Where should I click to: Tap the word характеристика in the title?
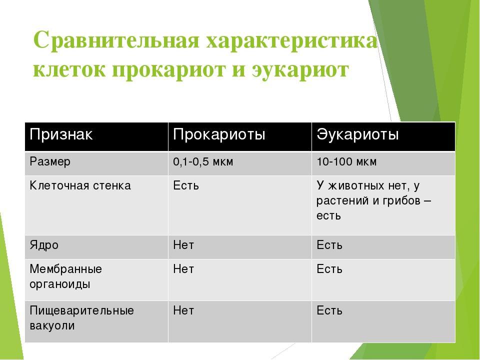pos(292,40)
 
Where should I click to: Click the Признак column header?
pos(61,134)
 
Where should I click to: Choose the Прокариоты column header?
pos(219,134)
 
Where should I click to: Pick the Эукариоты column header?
pos(358,134)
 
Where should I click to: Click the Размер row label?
pos(50,162)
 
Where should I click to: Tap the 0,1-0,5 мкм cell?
pos(203,161)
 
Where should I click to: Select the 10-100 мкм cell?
pos(346,161)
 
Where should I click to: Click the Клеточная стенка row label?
pos(80,186)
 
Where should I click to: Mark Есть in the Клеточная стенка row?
pos(186,186)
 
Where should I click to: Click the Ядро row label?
pos(44,245)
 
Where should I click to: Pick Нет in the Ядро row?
pos(183,245)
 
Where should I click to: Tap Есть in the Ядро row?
pos(329,245)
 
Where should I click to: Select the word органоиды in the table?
pos(60,284)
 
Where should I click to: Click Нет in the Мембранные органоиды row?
pos(183,269)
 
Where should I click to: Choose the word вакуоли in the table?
pos(52,325)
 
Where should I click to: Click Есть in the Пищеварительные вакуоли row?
pos(329,310)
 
